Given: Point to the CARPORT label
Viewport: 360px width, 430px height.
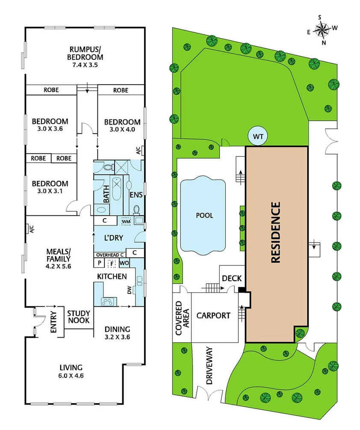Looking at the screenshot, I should tap(213, 316).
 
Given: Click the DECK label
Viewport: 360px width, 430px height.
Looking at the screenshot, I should tap(232, 279).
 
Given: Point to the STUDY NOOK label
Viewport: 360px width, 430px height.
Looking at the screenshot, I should tap(79, 317).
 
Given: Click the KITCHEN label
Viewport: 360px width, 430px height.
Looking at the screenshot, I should tap(112, 276).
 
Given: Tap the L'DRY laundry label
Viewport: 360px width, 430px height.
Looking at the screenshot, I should tap(114, 239).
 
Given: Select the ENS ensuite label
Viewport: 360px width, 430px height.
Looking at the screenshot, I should tap(136, 195).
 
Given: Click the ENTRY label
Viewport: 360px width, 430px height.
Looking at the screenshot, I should tap(54, 322).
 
